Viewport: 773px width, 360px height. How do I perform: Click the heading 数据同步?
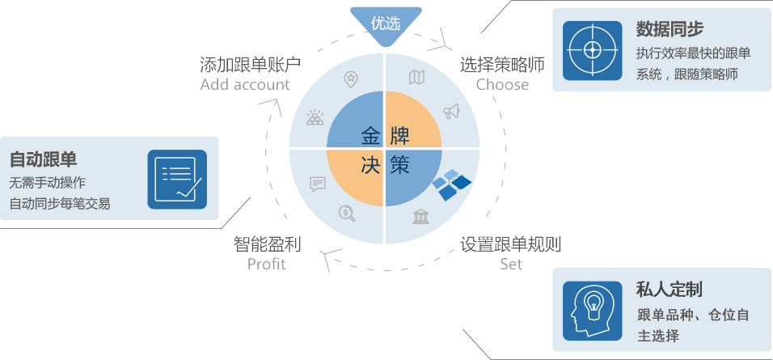(x=670, y=30)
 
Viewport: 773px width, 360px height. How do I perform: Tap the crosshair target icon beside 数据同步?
(x=592, y=50)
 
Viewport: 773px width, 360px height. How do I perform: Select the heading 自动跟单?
(x=43, y=159)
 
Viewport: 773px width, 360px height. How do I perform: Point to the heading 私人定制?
(x=668, y=290)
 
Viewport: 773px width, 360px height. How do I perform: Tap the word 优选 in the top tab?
(x=386, y=23)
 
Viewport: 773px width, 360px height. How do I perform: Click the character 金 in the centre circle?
(x=370, y=135)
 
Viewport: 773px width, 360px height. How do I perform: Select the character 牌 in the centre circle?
(x=399, y=135)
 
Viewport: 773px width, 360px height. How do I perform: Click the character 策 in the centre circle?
(x=399, y=165)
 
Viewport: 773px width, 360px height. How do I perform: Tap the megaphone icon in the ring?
(x=451, y=111)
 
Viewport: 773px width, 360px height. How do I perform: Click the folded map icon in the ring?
(x=416, y=78)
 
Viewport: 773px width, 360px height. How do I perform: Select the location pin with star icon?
(x=350, y=78)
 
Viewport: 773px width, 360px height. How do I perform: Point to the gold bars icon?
(x=315, y=118)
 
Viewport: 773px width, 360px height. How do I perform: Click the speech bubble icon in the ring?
(x=317, y=184)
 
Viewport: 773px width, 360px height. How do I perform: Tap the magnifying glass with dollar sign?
(x=347, y=214)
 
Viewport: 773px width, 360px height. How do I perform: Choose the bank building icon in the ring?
(x=420, y=217)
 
